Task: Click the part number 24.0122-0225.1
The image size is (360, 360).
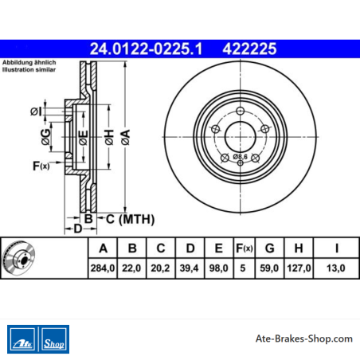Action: (x=146, y=49)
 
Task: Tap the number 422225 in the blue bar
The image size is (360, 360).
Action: (x=249, y=49)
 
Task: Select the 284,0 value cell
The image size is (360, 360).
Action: (x=103, y=268)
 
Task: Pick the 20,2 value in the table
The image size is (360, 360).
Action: (x=161, y=268)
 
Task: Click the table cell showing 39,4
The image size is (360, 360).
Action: (x=190, y=268)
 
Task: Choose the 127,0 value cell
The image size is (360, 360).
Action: (x=299, y=268)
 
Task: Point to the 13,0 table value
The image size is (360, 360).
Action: (x=336, y=268)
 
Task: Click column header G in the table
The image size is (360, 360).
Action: (x=270, y=248)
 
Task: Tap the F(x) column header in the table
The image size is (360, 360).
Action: (x=245, y=248)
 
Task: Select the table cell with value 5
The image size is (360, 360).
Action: (x=243, y=268)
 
